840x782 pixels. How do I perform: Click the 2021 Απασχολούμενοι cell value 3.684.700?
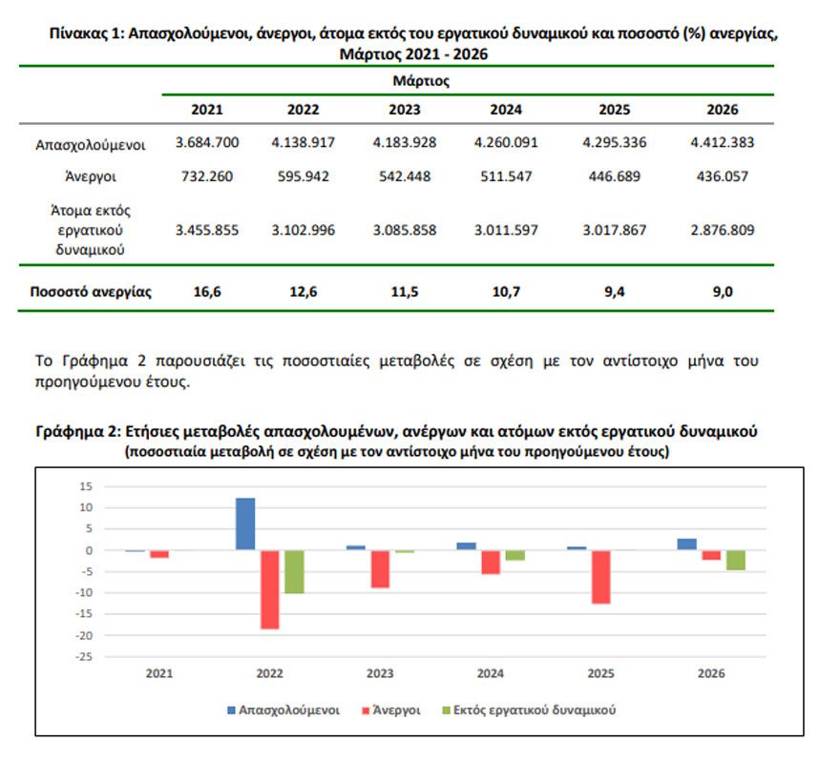point(207,143)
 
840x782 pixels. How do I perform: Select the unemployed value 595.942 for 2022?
point(303,176)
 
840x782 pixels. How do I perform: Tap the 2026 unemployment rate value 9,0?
point(722,292)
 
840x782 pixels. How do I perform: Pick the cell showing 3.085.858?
point(405,231)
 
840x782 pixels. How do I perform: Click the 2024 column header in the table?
point(506,110)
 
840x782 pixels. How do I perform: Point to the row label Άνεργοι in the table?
point(90,176)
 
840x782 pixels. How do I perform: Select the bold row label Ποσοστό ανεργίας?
point(90,292)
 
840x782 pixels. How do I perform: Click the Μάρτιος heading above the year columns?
point(421,81)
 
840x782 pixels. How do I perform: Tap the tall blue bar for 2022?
point(245,524)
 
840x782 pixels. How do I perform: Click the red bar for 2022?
point(269,589)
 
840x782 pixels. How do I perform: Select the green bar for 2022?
point(293,571)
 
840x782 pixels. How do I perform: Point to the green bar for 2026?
point(735,560)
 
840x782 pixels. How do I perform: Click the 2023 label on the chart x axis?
point(380,673)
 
